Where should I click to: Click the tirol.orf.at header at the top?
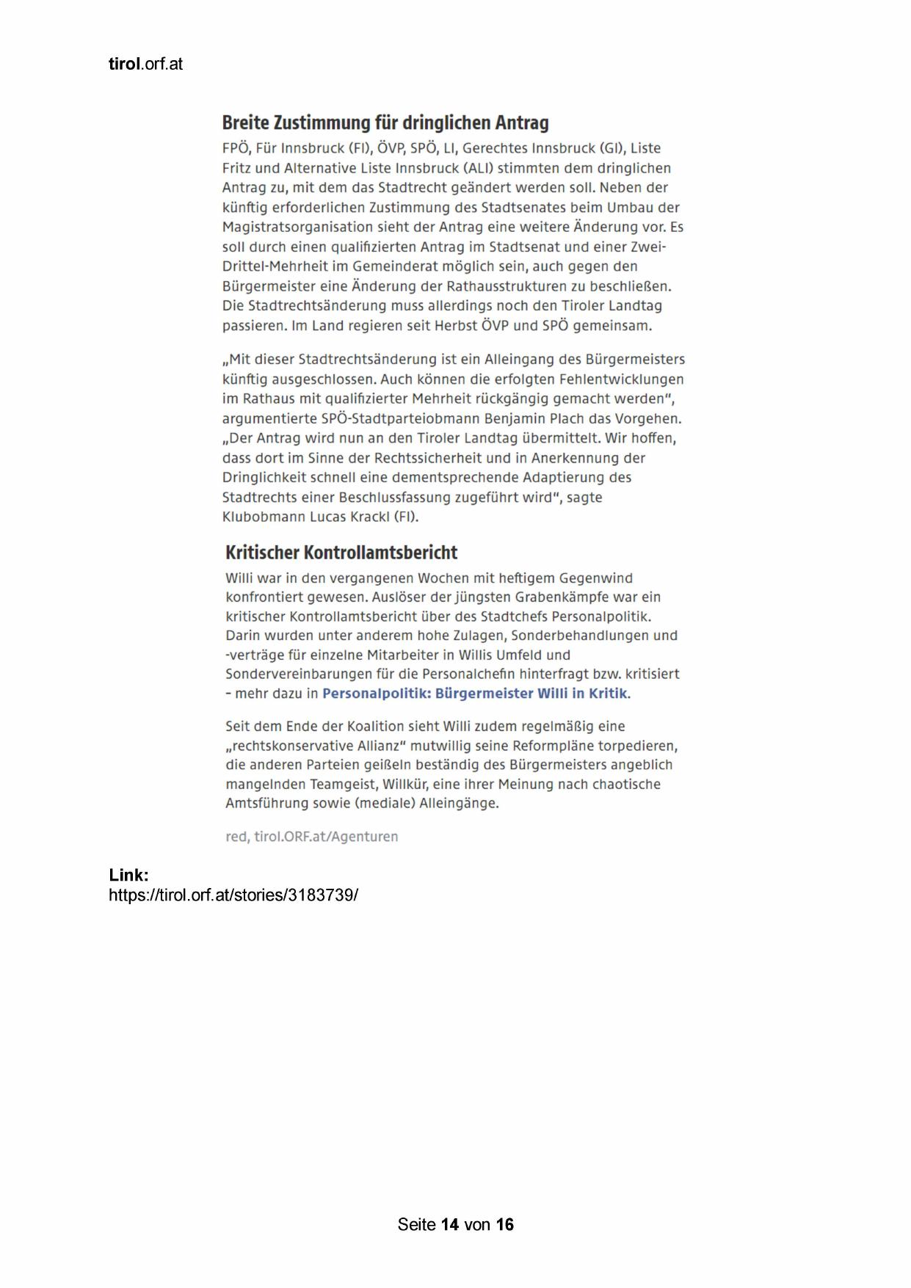point(145,64)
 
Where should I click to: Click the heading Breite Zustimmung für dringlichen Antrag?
point(385,122)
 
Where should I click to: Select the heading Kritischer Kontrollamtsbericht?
point(341,552)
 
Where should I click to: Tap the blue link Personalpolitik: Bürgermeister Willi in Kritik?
point(475,694)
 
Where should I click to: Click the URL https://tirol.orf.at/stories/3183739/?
point(233,895)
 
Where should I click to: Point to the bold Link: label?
point(128,875)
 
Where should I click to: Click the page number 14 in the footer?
point(450,1224)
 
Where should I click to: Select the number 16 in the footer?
point(504,1224)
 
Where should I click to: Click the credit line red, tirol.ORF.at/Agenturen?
point(312,837)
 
